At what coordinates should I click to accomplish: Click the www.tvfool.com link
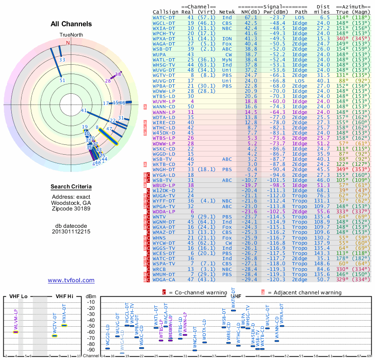pyautogui.click(x=71, y=280)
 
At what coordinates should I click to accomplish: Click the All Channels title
pyautogui.click(x=71, y=24)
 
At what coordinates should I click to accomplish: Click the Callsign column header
pyautogui.click(x=166, y=12)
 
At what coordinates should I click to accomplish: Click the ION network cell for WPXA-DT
pyautogui.click(x=227, y=38)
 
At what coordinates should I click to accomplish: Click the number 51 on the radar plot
pyautogui.click(x=62, y=80)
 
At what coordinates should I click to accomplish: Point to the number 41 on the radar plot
pyautogui.click(x=84, y=111)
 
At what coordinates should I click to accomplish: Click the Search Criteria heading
pyautogui.click(x=71, y=187)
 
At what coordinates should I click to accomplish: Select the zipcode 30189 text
pyautogui.click(x=71, y=209)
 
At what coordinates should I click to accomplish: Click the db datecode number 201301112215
pyautogui.click(x=71, y=232)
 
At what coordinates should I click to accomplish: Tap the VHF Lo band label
pyautogui.click(x=19, y=296)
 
